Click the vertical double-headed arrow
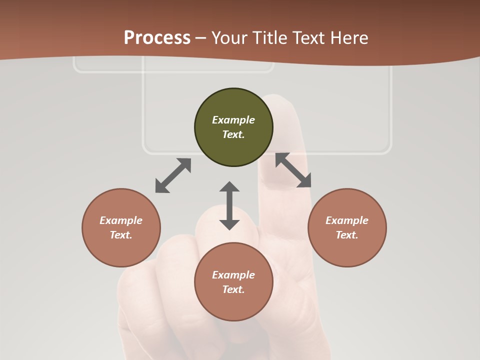[x=229, y=205]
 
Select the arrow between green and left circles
[x=173, y=175]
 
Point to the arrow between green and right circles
[x=293, y=170]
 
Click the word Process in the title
[x=157, y=38]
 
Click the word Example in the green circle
[x=233, y=120]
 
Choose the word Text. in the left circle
[x=121, y=235]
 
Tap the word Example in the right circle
[x=347, y=220]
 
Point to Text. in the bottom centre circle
[x=233, y=289]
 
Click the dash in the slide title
[x=201, y=38]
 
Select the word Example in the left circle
[x=121, y=220]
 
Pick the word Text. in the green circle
[x=233, y=134]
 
